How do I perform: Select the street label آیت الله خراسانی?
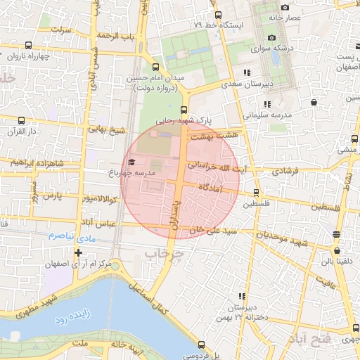tap(217, 166)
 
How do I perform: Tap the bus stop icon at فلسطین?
tap(256, 192)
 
